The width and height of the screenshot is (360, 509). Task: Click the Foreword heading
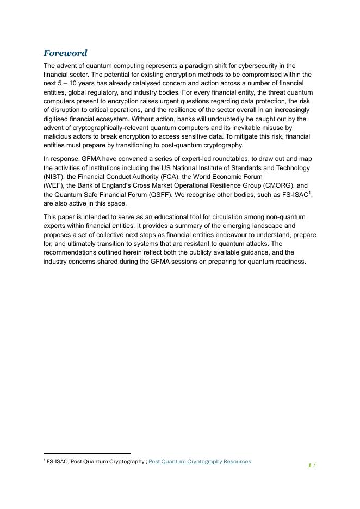coord(65,53)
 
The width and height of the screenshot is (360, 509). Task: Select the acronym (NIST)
coord(53,177)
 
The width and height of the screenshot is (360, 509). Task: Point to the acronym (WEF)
coord(53,185)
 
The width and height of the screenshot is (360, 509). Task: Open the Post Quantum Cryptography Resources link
coord(200,462)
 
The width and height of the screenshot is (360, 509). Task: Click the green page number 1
coord(309,465)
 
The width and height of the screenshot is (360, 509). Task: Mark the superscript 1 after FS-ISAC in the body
coord(309,193)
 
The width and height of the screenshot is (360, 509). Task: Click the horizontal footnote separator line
coord(87,453)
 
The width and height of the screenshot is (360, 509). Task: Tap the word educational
coord(154,217)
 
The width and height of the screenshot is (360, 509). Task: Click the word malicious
coord(57,136)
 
